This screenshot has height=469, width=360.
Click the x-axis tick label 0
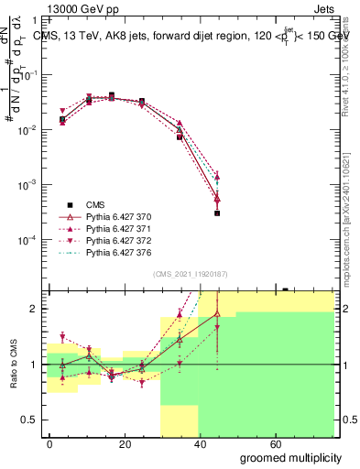click(50, 443)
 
